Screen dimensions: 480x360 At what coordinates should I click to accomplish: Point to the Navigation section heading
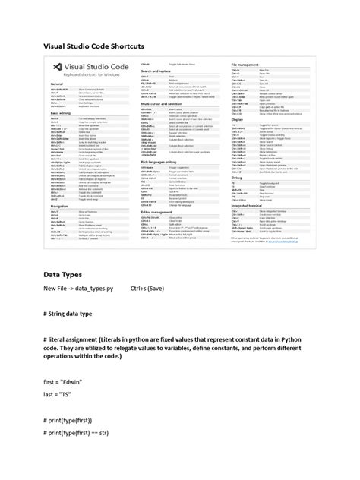tap(60, 205)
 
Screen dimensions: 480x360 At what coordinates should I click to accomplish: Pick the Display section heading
tap(238, 118)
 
